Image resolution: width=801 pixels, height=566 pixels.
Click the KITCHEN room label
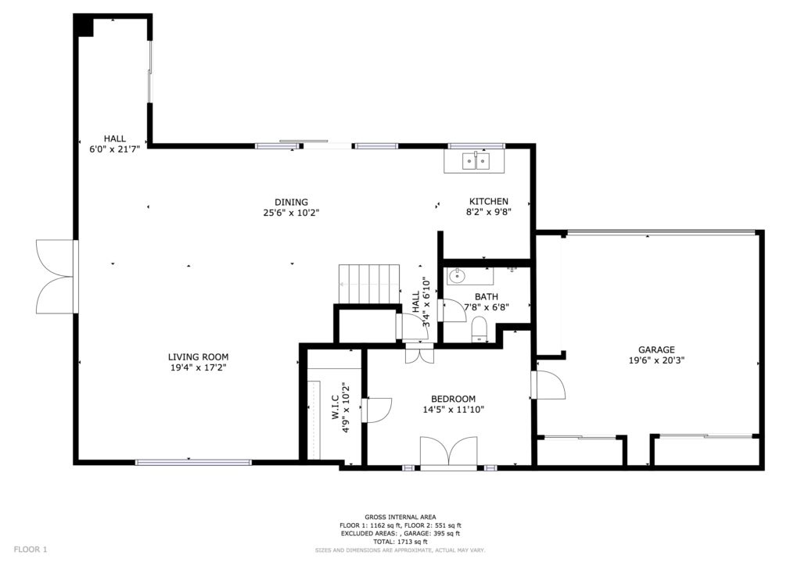pos(488,202)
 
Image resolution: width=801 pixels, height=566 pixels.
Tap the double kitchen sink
pos(476,161)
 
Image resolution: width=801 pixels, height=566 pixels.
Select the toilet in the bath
pos(480,329)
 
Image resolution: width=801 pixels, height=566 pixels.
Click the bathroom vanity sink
pos(456,277)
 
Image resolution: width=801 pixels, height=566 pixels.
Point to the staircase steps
pos(369,284)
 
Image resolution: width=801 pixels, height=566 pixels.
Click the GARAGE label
pos(656,350)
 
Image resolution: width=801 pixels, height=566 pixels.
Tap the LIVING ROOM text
pos(198,357)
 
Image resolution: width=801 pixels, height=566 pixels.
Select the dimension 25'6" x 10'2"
pos(291,213)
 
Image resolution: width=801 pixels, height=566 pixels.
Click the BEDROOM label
pos(453,399)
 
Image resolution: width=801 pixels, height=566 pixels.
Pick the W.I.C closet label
pos(336,408)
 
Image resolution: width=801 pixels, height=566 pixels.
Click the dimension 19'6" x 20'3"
pos(656,360)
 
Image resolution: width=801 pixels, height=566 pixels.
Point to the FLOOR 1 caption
pos(31,550)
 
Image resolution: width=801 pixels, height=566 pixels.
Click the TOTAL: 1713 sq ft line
pos(400,542)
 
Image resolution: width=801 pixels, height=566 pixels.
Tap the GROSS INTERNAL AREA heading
pos(400,517)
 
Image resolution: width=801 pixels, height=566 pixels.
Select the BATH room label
pos(487,296)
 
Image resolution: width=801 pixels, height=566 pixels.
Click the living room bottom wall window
pos(193,462)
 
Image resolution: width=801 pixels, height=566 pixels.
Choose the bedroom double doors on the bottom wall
pos(448,451)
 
